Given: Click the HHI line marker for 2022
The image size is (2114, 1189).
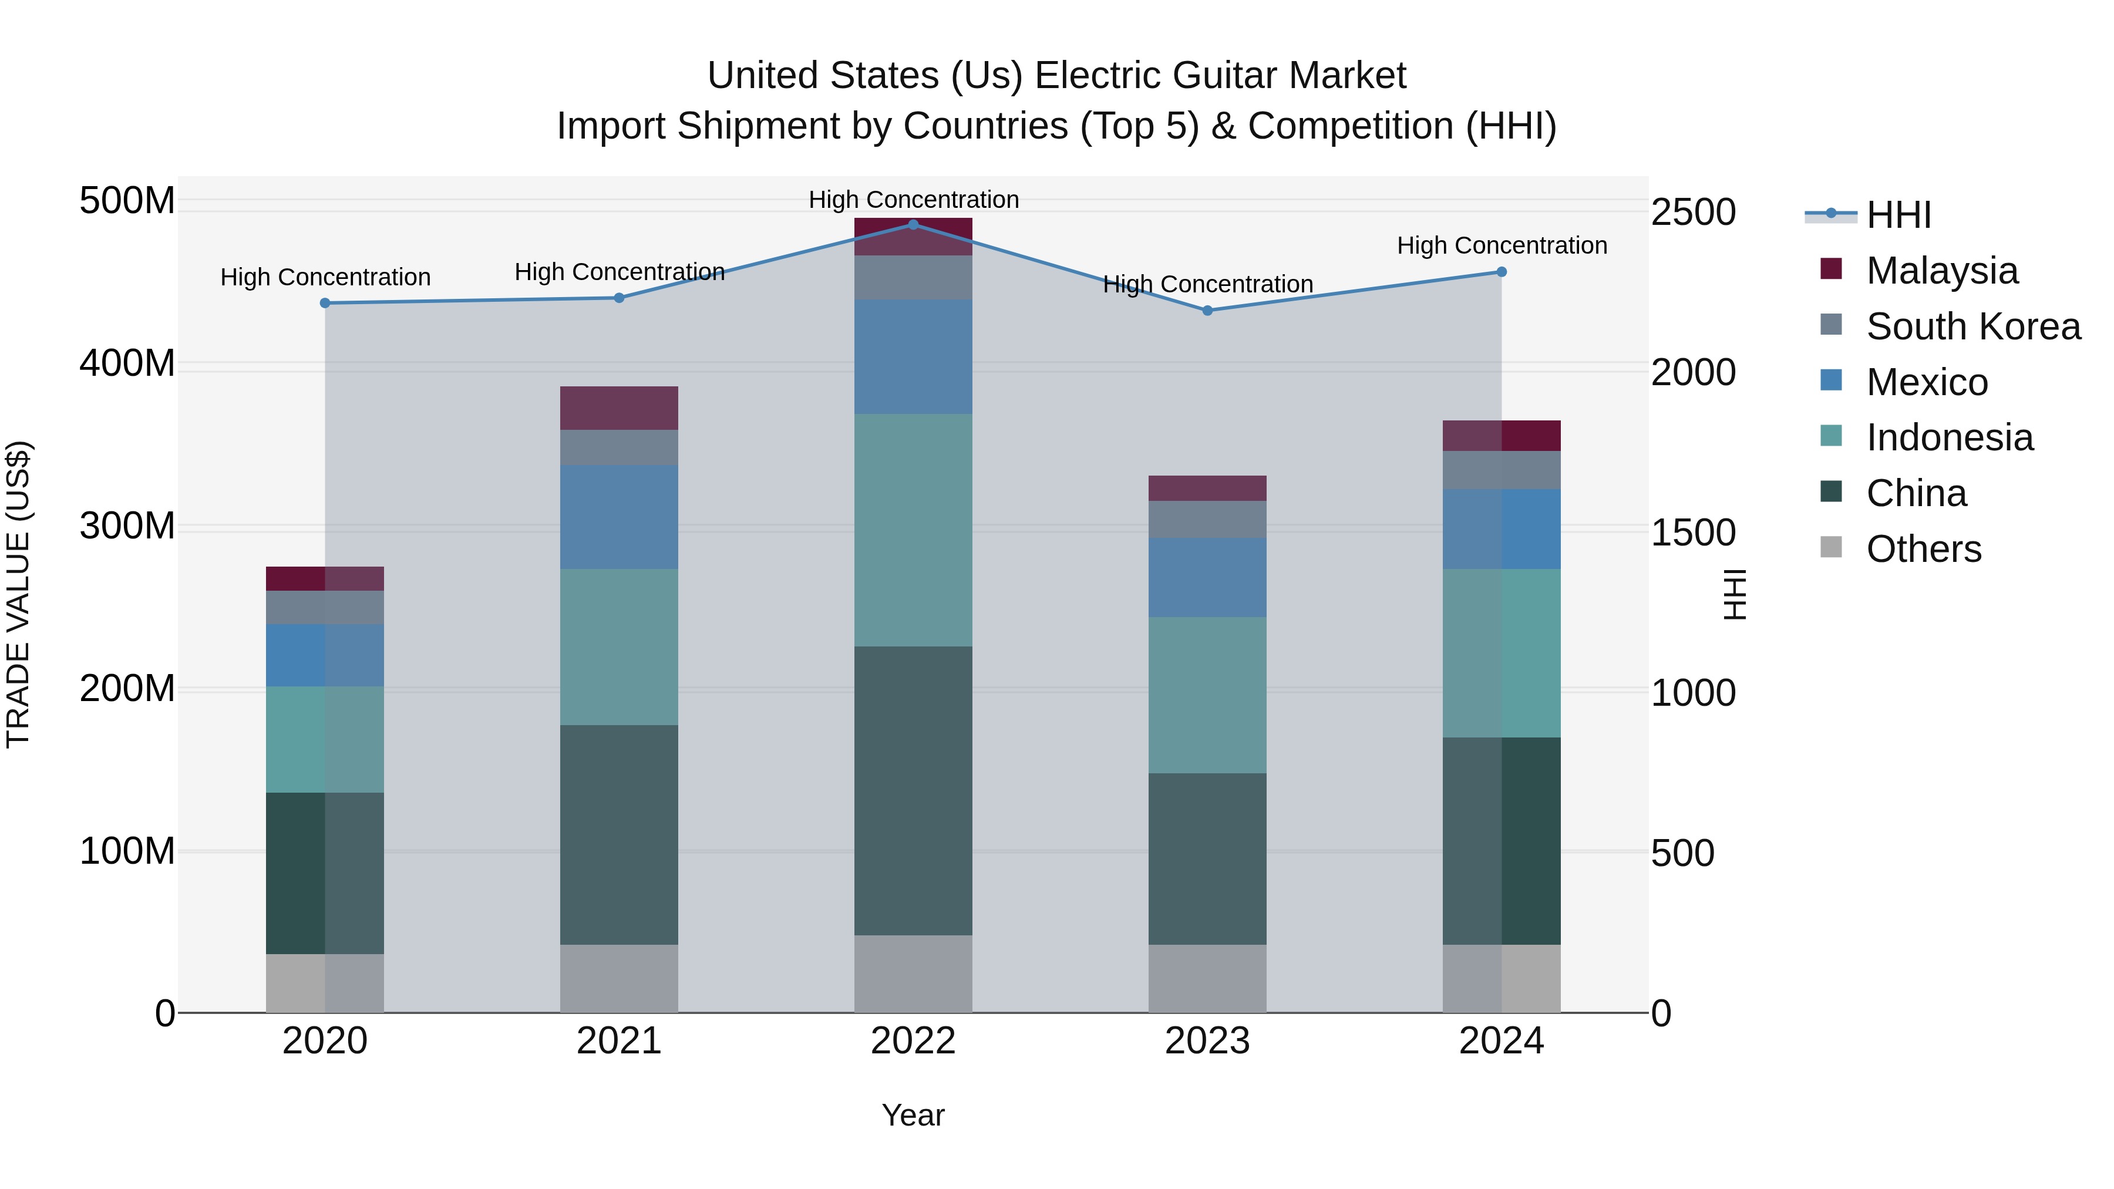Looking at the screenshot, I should (x=913, y=224).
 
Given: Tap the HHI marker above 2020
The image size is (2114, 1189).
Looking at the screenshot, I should (x=325, y=303).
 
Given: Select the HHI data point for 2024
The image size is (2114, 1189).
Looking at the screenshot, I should (x=1501, y=272).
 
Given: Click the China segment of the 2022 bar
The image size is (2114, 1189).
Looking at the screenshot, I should (x=913, y=790).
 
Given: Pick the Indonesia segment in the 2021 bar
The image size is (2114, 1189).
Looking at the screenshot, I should (x=619, y=646).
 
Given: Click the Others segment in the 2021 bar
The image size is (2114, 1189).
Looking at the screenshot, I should (x=619, y=978).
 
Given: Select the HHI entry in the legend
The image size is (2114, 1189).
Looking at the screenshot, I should (x=1897, y=215).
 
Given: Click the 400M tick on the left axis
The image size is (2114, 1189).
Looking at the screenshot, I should (x=127, y=363).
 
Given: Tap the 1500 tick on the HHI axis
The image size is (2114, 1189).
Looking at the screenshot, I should (x=1692, y=533).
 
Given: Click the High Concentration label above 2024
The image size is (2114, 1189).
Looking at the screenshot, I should (x=1501, y=245).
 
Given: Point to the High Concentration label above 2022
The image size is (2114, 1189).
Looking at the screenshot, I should (x=913, y=200).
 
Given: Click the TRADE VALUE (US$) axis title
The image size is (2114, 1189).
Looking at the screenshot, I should (x=18, y=594).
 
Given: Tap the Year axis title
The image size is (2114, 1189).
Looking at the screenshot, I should (x=913, y=1115).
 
